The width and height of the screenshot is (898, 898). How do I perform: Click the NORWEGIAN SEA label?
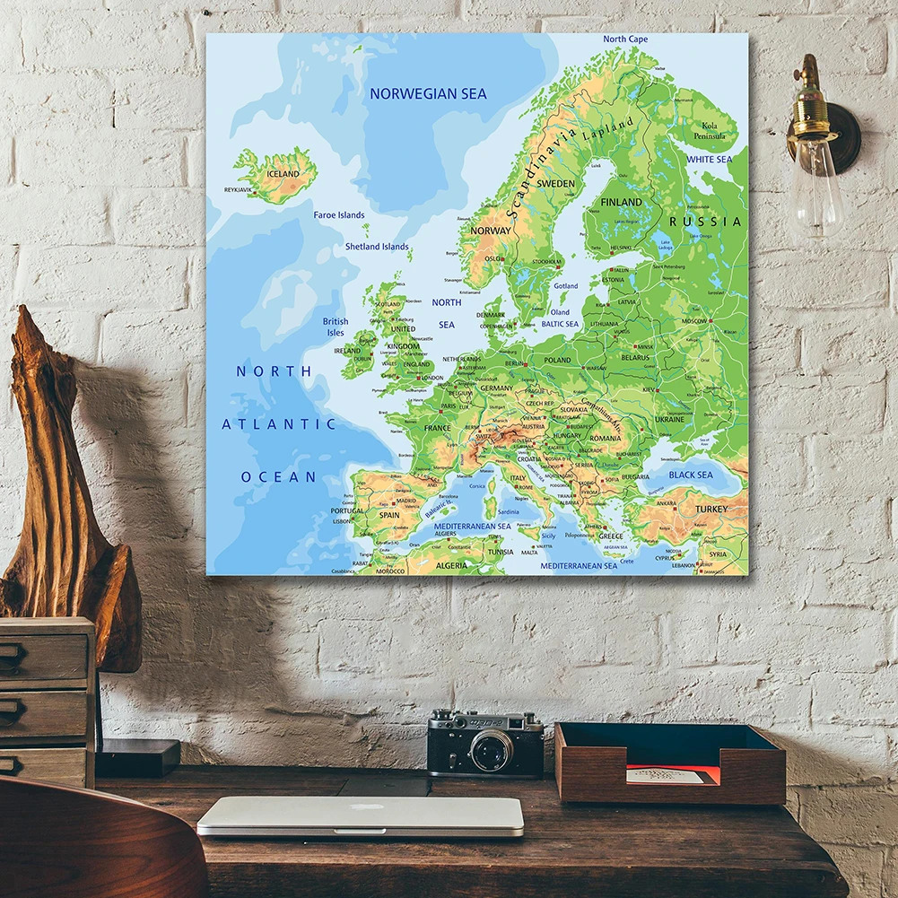point(428,93)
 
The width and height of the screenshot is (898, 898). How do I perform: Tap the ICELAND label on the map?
point(283,173)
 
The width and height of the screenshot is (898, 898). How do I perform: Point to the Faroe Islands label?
point(339,215)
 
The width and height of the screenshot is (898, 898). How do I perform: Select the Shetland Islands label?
point(377,247)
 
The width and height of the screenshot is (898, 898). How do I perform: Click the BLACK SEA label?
point(690,475)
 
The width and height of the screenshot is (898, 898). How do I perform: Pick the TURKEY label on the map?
point(711,509)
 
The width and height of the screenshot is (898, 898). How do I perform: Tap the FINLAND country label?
point(621,202)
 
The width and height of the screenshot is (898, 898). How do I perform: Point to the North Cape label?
point(625,39)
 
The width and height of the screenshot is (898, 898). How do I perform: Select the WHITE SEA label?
point(709,159)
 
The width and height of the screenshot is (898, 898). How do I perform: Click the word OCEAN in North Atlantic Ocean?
point(278,477)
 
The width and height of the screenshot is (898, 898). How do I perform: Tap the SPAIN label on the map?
point(389,515)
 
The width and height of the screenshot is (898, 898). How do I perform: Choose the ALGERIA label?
point(451,566)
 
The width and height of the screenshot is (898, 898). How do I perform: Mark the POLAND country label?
point(556,360)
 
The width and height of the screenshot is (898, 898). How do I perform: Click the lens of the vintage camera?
point(491,749)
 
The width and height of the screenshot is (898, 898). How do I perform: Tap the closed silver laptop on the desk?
point(360,815)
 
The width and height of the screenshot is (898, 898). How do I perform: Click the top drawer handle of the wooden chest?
point(12,656)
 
